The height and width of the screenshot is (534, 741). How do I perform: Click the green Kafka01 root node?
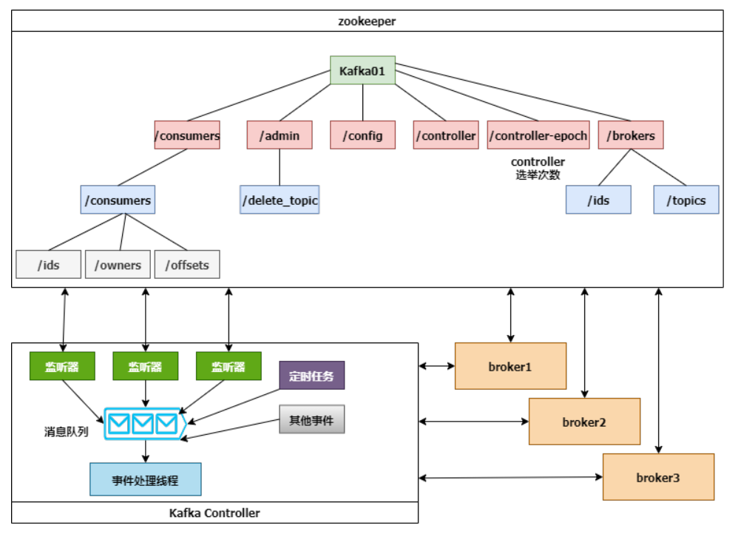click(x=362, y=72)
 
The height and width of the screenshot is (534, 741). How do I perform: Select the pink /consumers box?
click(x=187, y=135)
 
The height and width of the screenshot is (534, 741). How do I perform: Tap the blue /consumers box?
click(x=118, y=200)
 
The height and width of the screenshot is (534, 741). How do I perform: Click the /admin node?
click(x=279, y=135)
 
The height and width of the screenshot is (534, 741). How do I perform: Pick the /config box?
click(x=362, y=135)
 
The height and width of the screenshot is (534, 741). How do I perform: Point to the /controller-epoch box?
click(x=538, y=135)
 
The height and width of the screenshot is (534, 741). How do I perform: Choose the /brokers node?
click(x=631, y=135)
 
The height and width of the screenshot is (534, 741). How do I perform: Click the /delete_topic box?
click(x=280, y=200)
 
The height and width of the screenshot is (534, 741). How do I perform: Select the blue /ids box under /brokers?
click(x=598, y=200)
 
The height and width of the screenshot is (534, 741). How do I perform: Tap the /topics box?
click(x=686, y=200)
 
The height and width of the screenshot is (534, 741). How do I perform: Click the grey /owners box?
click(x=118, y=265)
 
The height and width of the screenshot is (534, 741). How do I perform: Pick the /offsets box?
click(x=187, y=265)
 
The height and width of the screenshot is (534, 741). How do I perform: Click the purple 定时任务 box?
click(x=311, y=376)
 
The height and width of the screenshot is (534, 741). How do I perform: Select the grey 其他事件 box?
click(x=311, y=419)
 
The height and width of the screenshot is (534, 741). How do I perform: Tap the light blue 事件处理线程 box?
click(x=145, y=479)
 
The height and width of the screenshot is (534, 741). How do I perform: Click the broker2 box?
click(x=584, y=422)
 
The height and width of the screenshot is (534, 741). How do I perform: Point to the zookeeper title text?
click(x=367, y=21)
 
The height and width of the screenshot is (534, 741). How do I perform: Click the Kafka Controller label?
click(x=214, y=513)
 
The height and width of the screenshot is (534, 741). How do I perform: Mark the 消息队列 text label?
click(x=67, y=431)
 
